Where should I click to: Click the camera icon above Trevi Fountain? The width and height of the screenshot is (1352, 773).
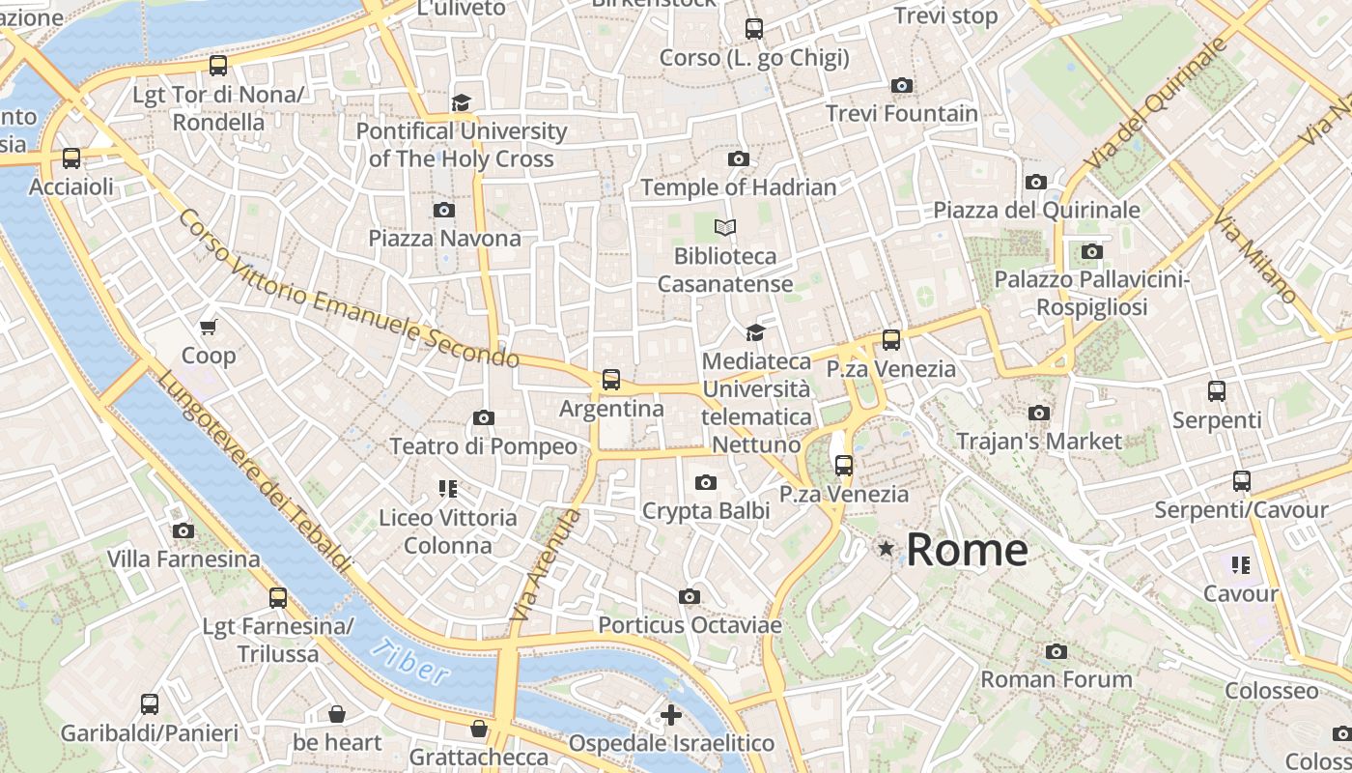902,86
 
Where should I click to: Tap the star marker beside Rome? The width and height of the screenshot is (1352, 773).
886,549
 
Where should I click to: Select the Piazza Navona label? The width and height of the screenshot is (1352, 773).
444,238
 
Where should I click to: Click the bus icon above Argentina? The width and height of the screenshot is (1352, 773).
611,380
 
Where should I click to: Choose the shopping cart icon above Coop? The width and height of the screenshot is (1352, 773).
209,328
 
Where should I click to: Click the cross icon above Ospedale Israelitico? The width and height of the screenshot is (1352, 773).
671,715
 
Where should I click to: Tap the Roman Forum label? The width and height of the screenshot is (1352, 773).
1056,679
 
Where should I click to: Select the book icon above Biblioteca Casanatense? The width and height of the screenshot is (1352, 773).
725,228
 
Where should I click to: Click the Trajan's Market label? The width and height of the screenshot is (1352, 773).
1039,442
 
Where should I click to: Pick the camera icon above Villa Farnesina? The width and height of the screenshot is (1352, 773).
183,530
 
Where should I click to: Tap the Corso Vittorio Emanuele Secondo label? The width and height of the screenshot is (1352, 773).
348,289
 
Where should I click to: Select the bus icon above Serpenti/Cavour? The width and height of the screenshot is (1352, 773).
1242,481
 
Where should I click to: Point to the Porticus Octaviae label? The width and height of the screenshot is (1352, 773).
690,625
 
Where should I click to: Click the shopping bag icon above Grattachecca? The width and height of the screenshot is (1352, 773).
479,729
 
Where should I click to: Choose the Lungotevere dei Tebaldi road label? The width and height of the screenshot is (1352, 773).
253,471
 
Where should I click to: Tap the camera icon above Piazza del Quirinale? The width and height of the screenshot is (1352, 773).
1036,182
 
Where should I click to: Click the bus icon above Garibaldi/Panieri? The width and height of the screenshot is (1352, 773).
150,704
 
